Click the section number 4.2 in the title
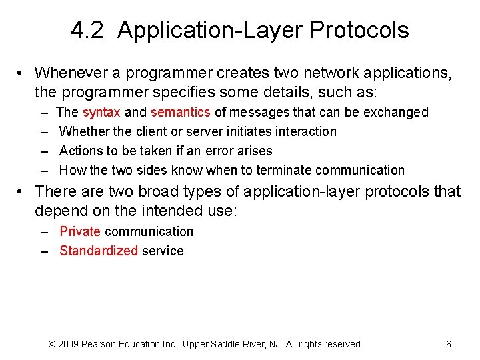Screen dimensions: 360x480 (x=87, y=30)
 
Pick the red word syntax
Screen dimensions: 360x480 (x=101, y=112)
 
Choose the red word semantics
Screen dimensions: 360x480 (x=181, y=112)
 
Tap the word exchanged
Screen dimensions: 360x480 (x=398, y=112)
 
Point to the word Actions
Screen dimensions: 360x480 (x=79, y=151)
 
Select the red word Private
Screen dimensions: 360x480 (x=80, y=231)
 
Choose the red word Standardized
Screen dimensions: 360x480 (x=99, y=251)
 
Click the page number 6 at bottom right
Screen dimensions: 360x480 (x=448, y=344)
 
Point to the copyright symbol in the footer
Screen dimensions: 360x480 (x=53, y=344)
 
